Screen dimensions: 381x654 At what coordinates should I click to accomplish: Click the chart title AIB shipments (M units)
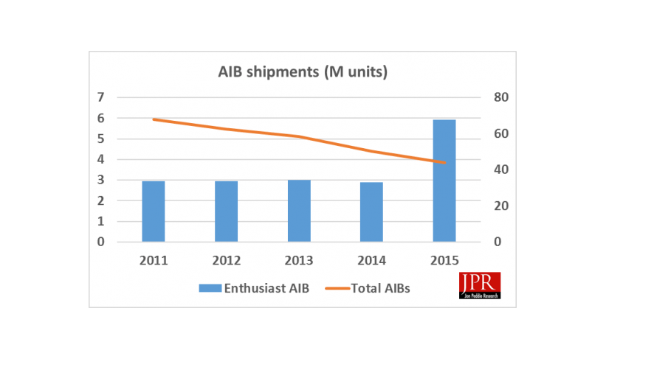303,72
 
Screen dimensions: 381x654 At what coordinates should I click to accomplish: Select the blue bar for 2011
154,211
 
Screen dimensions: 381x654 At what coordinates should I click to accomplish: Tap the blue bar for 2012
227,211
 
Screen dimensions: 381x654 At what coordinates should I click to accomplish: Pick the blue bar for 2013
299,210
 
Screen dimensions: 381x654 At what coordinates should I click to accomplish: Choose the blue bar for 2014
371,212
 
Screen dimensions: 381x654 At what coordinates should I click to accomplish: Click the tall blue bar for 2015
444,181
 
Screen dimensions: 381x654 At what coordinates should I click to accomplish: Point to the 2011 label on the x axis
154,260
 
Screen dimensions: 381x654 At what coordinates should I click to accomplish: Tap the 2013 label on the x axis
299,260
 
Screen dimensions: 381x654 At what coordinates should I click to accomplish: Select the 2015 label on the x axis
444,260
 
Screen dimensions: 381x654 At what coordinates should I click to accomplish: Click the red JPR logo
480,285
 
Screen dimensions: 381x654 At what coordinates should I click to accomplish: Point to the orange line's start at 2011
154,119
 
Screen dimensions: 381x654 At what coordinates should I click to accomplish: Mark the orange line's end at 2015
444,162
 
